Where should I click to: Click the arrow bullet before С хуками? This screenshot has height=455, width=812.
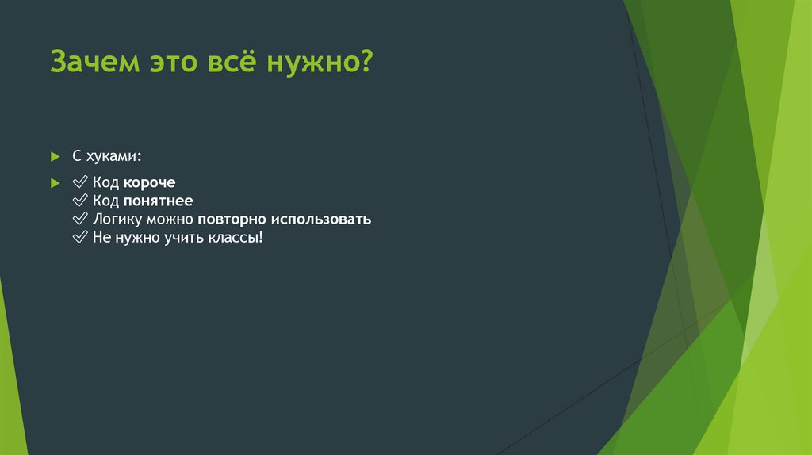[55, 154]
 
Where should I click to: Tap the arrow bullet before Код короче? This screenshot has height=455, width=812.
[55, 182]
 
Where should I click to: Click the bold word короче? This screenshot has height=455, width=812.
[149, 182]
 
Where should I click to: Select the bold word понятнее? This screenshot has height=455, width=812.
[158, 201]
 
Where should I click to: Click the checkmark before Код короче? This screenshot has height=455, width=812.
[79, 182]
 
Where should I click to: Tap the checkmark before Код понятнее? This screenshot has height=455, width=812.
[79, 201]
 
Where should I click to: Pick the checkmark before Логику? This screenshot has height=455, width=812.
[79, 219]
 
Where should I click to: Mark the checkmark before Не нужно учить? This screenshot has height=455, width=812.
[79, 237]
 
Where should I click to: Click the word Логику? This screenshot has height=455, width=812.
[117, 220]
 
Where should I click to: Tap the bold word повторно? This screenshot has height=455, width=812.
[231, 220]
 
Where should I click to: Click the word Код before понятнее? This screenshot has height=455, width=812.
[105, 201]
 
